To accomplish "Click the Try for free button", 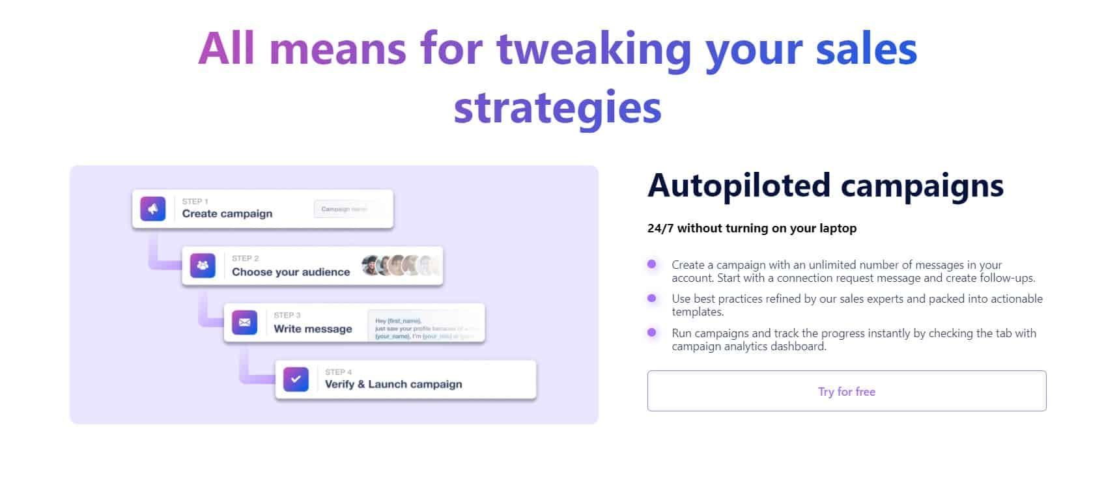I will pos(846,391).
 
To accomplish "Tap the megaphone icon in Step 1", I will pos(153,209).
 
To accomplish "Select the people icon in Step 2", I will pos(203,266).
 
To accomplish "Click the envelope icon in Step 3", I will pos(245,322).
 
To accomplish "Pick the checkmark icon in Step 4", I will pos(296,379).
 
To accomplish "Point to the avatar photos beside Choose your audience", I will pos(400,266).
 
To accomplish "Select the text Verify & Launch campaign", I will pos(393,384).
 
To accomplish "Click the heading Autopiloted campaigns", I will pos(825,186).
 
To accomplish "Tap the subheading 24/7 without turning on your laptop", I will pos(752,228).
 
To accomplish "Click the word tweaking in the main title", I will pos(593,49).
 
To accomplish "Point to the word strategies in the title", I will pos(558,107).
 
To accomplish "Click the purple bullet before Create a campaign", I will pos(651,264).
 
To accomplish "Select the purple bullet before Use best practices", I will pos(651,298).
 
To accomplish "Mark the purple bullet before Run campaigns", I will pos(651,333).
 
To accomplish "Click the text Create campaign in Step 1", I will pos(227,214).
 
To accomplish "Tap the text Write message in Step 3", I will pos(313,329).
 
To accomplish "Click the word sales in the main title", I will pos(866,49).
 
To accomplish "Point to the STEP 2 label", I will pos(245,258).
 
